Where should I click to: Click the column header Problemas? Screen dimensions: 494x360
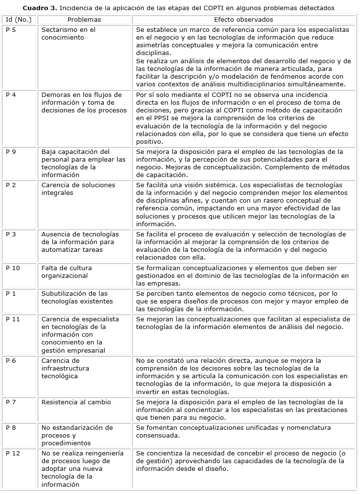pos(84,20)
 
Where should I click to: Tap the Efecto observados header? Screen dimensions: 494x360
pos(243,20)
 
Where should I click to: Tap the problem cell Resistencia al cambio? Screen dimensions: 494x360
pos(76,402)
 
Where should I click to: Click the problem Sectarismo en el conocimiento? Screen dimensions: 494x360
pos(68,34)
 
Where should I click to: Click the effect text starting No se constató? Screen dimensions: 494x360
pos(241,376)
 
